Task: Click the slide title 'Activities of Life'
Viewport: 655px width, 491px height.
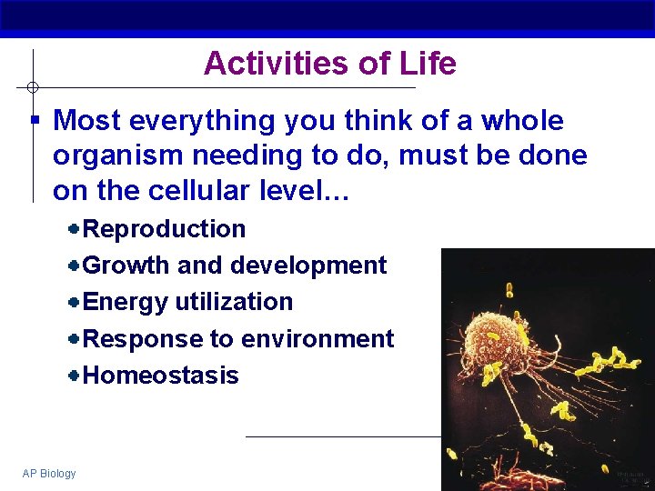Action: click(329, 64)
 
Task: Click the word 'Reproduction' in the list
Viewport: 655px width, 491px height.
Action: click(164, 229)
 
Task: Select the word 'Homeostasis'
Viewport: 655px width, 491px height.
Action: click(160, 376)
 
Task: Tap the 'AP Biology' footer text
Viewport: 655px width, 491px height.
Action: click(49, 473)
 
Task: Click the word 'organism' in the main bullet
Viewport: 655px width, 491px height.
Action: click(114, 156)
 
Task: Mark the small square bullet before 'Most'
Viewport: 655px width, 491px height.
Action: click(34, 120)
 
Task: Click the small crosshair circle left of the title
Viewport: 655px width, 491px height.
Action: click(32, 87)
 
